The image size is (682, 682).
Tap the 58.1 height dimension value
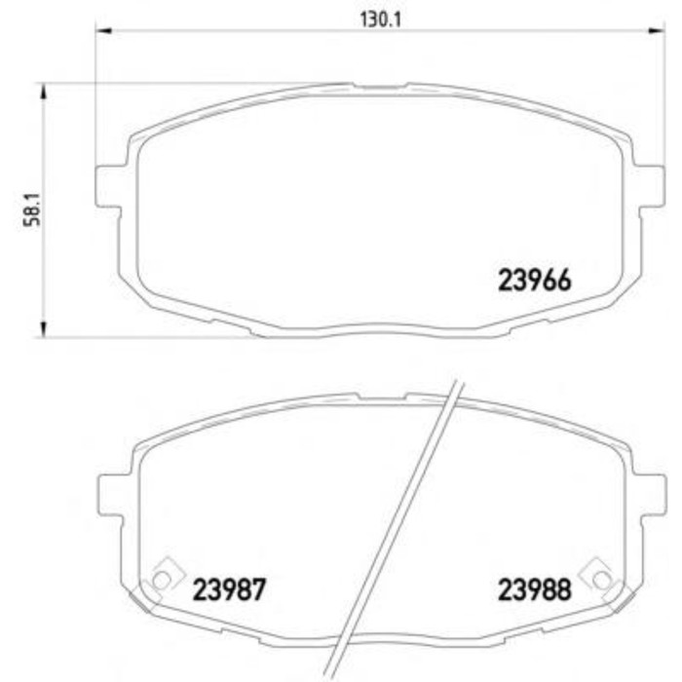click(x=30, y=209)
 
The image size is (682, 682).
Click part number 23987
click(x=230, y=588)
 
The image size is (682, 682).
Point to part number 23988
click(x=534, y=588)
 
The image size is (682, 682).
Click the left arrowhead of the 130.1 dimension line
click(x=103, y=31)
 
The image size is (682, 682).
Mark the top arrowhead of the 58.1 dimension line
click(x=43, y=91)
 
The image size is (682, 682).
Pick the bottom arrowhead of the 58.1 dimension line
click(x=43, y=330)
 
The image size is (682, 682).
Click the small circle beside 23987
click(x=162, y=580)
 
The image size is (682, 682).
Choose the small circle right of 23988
click(x=601, y=580)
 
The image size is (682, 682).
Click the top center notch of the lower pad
click(x=381, y=397)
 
